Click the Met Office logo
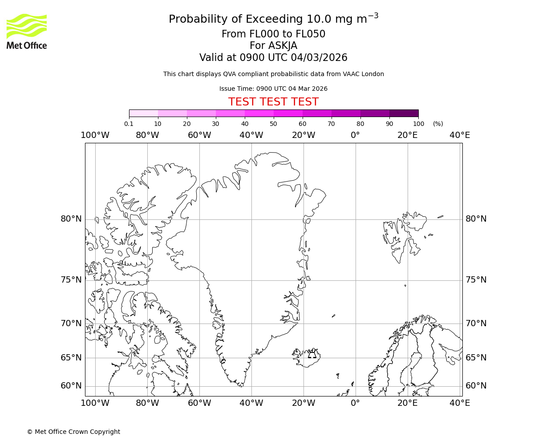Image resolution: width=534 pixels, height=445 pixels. pos(27,31)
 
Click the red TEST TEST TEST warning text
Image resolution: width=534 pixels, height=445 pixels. pos(273,102)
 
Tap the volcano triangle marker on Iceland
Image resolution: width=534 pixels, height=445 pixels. pos(312,355)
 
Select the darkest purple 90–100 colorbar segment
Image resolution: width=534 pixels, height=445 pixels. pos(404,113)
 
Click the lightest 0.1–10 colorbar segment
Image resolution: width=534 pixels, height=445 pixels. pos(143,113)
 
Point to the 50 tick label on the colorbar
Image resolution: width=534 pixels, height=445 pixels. pos(273,124)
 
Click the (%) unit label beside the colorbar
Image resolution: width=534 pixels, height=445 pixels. pos(438,124)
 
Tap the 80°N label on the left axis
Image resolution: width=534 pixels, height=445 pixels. pos(71,219)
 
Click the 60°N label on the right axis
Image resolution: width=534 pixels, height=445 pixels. pos(476,386)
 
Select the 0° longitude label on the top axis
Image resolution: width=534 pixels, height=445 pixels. pos(355,135)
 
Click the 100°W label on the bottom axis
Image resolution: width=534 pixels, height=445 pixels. pos(95,403)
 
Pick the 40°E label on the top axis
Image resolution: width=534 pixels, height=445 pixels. pos(460,135)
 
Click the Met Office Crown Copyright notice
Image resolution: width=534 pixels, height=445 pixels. pos(73,432)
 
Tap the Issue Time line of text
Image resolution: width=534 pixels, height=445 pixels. pos(273,89)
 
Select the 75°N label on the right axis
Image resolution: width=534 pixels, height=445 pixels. pos(476,280)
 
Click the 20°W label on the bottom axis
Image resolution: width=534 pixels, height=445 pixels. pos(303,403)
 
